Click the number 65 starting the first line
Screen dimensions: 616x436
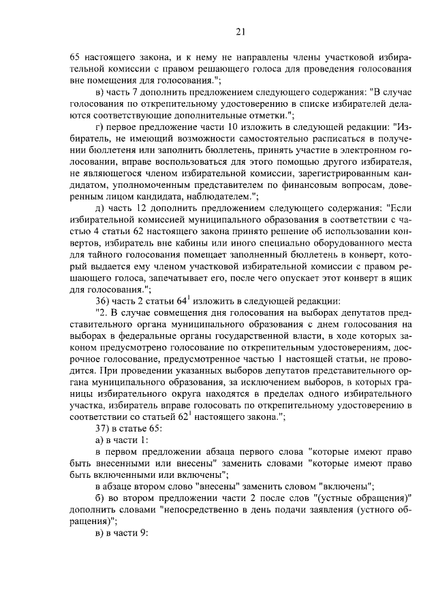pyautogui.click(x=76, y=57)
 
